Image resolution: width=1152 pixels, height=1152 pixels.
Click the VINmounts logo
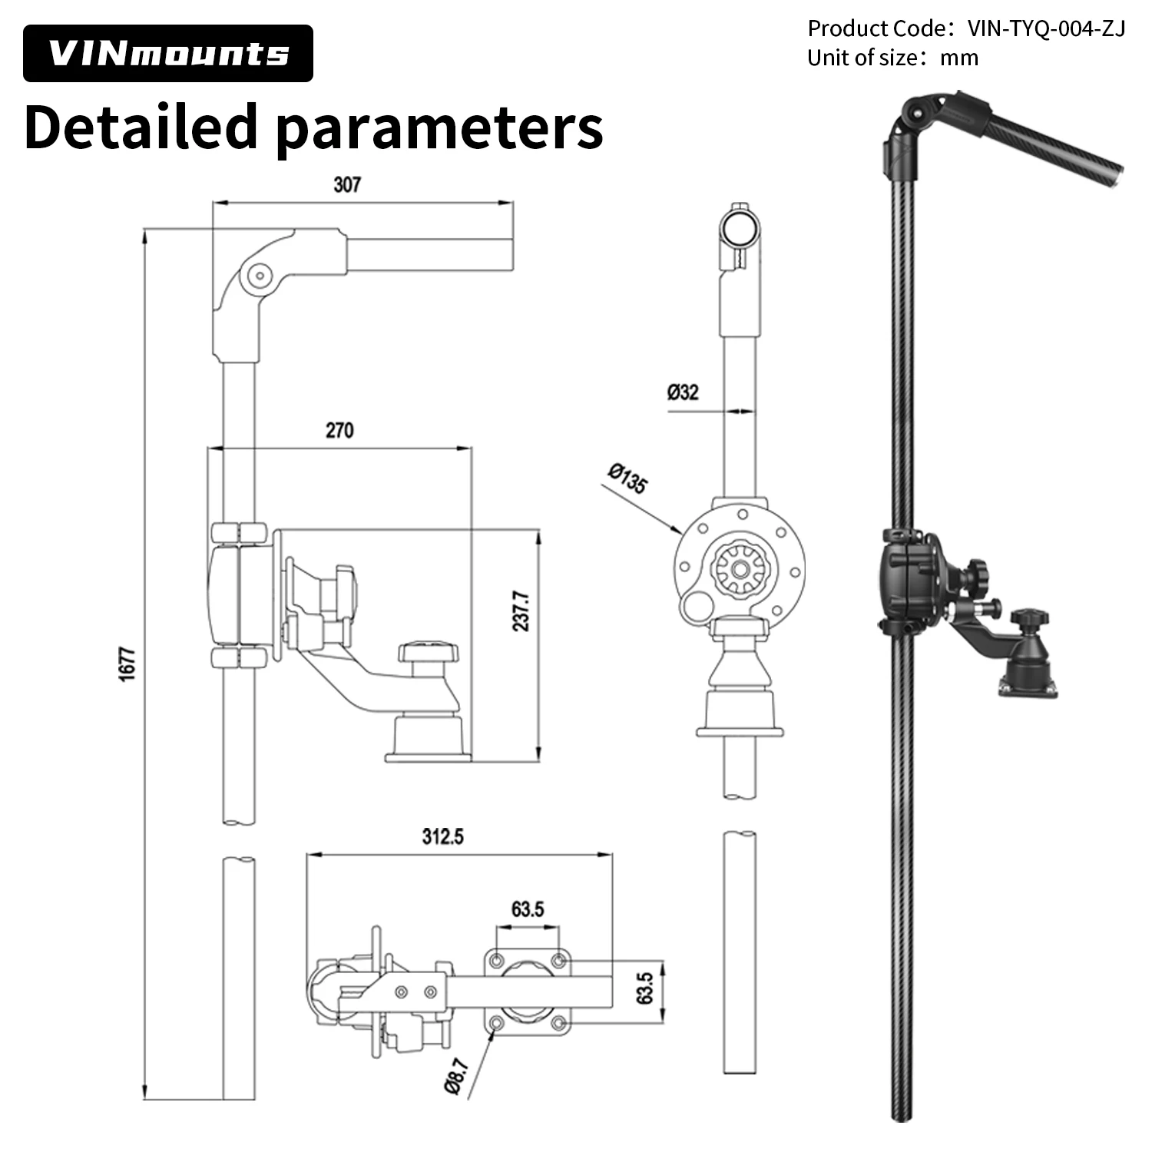[x=167, y=53]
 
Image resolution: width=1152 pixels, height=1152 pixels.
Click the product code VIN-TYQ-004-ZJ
[x=1046, y=28]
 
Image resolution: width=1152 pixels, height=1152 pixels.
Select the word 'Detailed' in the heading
[x=141, y=127]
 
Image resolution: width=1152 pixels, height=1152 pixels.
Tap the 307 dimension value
[x=346, y=185]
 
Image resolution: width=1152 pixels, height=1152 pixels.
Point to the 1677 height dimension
[x=127, y=663]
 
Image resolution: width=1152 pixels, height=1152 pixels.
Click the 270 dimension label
[x=339, y=430]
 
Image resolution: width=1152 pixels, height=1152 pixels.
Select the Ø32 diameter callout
[x=683, y=392]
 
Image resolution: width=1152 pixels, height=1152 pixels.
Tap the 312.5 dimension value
[x=443, y=836]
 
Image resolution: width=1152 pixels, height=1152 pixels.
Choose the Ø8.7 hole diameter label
[x=455, y=1075]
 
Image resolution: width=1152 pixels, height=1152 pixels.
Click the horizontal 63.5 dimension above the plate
[x=528, y=909]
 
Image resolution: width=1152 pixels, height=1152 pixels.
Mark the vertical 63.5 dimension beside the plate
[x=644, y=988]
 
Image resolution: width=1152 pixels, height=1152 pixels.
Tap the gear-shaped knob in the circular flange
[x=740, y=569]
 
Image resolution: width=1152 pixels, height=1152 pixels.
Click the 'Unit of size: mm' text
[x=892, y=58]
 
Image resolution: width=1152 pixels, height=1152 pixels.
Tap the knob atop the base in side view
[x=428, y=655]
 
